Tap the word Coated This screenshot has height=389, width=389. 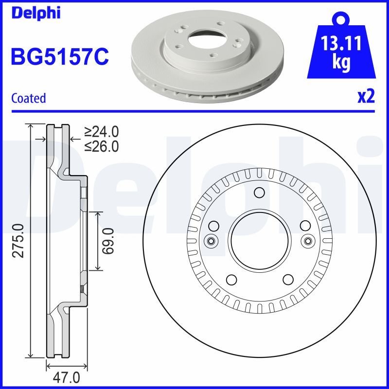(28, 98)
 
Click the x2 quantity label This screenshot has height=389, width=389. (366, 97)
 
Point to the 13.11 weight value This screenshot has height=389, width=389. (341, 44)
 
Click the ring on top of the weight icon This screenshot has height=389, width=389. (341, 20)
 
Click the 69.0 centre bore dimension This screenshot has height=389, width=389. (108, 241)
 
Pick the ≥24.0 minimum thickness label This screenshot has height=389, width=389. (102, 131)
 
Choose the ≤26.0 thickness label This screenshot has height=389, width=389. (102, 146)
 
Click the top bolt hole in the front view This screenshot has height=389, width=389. (259, 193)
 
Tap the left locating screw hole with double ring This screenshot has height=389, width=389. (212, 241)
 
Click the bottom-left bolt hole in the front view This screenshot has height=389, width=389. (231, 279)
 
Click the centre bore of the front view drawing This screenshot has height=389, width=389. (259, 241)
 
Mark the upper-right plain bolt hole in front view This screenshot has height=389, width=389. (305, 226)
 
